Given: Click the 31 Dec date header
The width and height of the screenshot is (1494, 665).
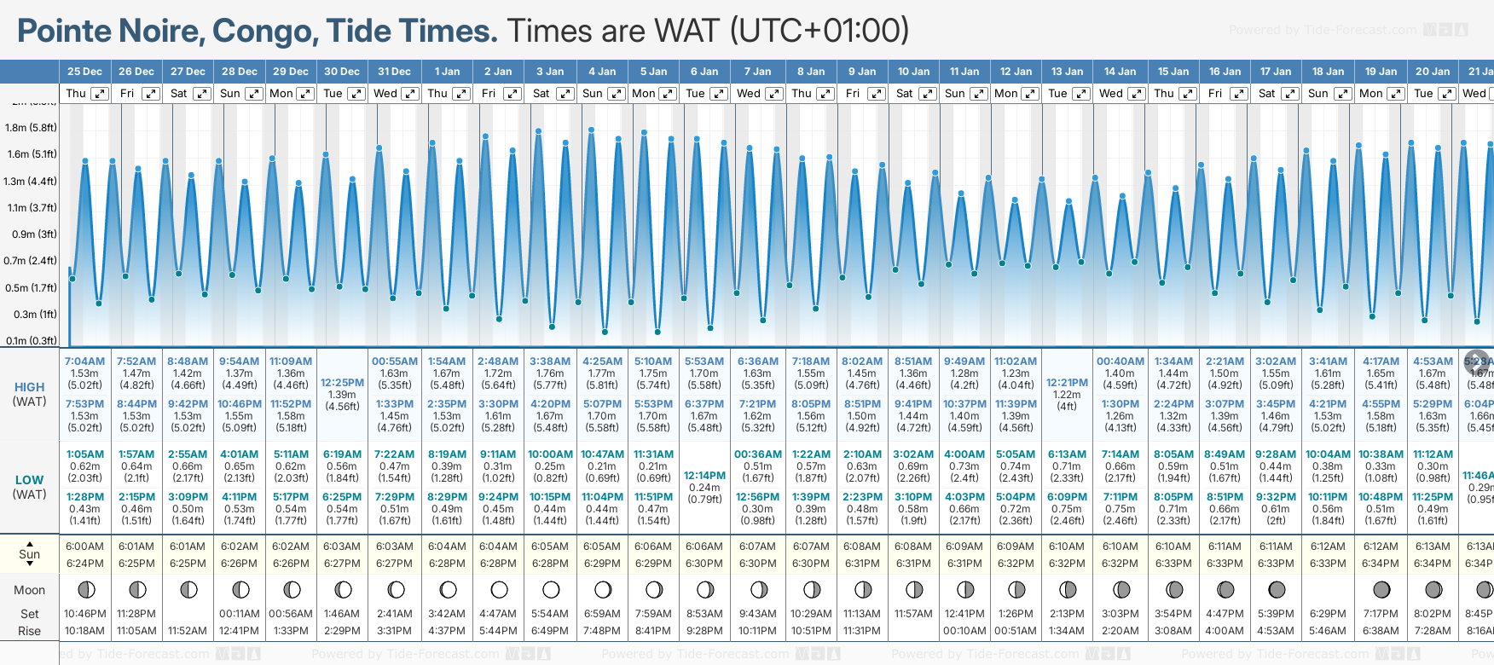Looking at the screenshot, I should coord(394,72).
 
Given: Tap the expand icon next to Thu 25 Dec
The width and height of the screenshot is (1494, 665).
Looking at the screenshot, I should coord(100,94).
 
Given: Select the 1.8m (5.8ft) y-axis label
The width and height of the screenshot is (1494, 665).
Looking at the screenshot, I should coord(31,128).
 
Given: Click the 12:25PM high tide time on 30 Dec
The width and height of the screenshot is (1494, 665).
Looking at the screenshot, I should coord(342,383).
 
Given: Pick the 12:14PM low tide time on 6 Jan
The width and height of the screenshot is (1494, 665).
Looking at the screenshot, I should coord(704,476).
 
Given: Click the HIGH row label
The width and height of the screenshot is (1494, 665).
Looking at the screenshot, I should coord(29,387).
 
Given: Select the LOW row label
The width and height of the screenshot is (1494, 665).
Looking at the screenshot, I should coord(29,480).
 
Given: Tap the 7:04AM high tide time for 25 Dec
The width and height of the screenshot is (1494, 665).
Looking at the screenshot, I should coord(84,361).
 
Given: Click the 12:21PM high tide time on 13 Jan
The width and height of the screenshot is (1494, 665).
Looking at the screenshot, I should coord(1067,383).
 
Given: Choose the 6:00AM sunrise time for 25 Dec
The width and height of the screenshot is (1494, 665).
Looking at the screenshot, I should coord(84,546).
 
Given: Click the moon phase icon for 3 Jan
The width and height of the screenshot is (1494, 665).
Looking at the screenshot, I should coord(551,589).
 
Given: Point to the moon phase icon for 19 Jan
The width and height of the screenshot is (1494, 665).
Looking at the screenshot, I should coord(1381,589).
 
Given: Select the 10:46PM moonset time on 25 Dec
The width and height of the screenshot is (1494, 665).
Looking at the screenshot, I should coord(84,614).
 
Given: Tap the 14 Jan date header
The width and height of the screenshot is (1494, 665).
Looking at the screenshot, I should coord(1120,72).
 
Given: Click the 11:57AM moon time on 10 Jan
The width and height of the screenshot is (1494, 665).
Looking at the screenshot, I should coord(913,614).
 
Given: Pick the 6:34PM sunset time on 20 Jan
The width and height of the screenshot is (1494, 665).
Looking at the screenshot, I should coord(1433,564).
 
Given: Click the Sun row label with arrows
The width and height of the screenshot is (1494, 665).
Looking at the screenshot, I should coord(29,554).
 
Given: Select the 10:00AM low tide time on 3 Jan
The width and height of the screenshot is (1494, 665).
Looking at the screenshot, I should coord(550,454).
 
